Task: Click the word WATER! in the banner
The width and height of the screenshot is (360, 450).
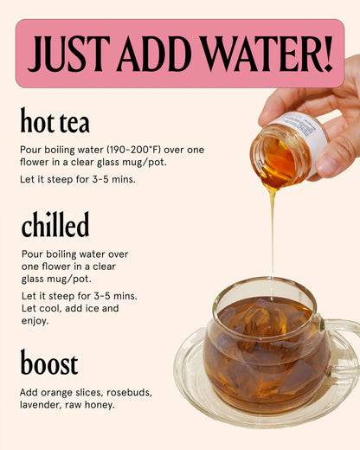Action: pos(267,54)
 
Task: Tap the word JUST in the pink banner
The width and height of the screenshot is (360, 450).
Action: pos(68,54)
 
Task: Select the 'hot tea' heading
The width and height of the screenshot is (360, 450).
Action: pos(55,120)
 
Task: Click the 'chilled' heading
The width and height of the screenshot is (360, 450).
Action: pos(55,224)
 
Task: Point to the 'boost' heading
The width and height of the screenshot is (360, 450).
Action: pos(49,363)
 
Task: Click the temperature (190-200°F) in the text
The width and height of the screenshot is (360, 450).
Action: pos(133,150)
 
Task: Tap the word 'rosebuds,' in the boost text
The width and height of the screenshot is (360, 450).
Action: pos(129,393)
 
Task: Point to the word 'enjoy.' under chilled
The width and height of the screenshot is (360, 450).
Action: pos(35,321)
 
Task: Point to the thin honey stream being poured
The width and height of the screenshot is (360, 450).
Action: pos(273,236)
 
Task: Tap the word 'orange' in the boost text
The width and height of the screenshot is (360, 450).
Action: pos(56,393)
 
